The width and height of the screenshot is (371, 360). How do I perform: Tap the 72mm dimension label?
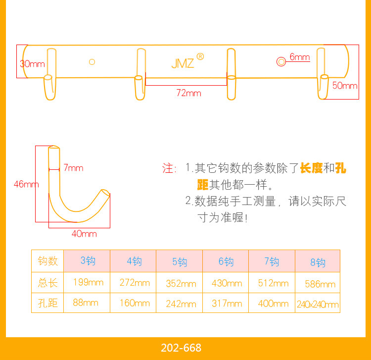click(189, 93)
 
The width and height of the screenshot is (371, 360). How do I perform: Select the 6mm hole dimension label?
click(300, 57)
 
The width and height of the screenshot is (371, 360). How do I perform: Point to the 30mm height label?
click(32, 63)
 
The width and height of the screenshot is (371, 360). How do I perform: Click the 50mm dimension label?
click(345, 85)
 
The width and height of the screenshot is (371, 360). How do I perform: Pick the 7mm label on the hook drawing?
click(73, 168)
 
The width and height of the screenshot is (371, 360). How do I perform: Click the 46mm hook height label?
click(26, 184)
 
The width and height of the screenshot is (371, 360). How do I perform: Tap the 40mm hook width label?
click(84, 233)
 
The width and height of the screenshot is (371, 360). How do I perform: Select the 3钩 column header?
click(88, 260)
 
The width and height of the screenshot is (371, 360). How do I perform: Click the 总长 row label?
click(48, 283)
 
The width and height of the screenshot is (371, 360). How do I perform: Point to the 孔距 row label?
click(48, 303)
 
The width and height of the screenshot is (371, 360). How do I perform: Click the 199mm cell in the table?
click(88, 282)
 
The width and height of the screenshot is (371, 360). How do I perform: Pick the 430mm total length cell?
click(227, 283)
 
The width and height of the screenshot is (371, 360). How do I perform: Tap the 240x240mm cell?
click(318, 305)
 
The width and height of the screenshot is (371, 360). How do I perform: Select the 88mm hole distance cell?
click(85, 303)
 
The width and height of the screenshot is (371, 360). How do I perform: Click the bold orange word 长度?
click(311, 168)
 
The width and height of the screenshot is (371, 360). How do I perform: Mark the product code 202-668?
click(181, 348)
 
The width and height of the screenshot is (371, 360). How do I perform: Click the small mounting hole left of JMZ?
click(92, 62)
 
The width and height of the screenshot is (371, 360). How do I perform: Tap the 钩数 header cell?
click(48, 261)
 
